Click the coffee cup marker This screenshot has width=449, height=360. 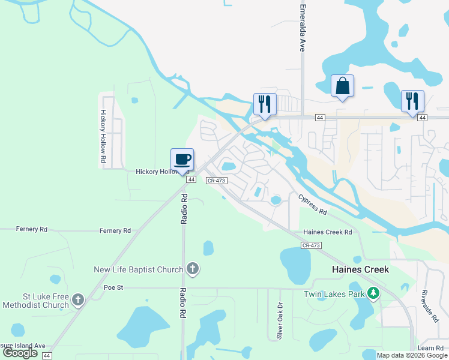(182, 160)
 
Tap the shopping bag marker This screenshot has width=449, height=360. (342, 86)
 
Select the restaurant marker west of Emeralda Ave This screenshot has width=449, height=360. (265, 104)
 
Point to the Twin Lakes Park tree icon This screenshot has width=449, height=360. (374, 293)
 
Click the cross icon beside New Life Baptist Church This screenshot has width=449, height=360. (193, 269)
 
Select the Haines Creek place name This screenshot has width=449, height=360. (360, 269)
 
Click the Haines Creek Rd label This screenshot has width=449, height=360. (328, 232)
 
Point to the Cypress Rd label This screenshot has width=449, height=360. (312, 205)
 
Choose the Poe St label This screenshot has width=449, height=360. (113, 288)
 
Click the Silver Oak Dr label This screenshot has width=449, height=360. (279, 325)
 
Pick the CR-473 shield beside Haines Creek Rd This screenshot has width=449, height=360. (312, 245)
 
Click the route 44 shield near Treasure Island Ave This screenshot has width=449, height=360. (47, 356)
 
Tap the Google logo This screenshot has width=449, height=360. (20, 353)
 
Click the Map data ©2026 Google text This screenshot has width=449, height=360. (412, 355)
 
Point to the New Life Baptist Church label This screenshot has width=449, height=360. (138, 269)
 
